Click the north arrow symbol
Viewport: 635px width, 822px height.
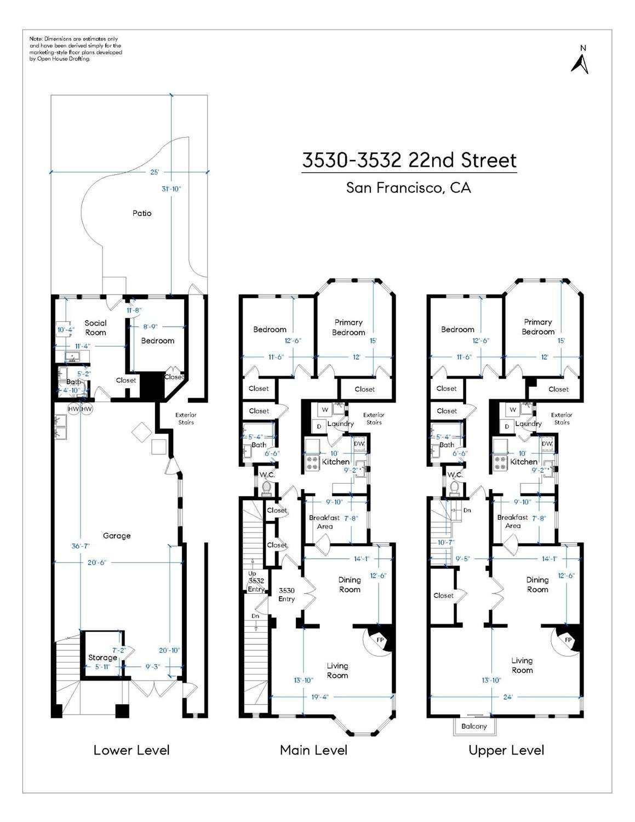coord(580,61)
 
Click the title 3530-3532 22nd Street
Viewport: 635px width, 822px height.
coord(409,161)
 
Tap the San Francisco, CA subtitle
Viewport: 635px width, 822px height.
coord(408,188)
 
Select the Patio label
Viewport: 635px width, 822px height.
coord(142,213)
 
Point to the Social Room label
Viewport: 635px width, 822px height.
coord(95,328)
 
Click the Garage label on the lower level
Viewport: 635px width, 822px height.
coord(117,536)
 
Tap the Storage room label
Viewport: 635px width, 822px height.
coord(102,657)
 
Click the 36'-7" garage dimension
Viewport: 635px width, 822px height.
coord(81,546)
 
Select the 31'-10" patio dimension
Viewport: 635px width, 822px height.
coord(171,189)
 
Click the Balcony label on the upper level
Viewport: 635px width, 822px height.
coord(474,726)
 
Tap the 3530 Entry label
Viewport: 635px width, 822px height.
coord(287,594)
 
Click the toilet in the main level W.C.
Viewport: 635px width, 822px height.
coord(268,487)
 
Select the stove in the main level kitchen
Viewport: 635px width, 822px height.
coord(313,463)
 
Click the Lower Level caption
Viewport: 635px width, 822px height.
coord(131,750)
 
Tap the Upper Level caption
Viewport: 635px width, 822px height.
coord(506,750)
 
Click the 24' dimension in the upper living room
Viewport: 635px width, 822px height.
coord(508,697)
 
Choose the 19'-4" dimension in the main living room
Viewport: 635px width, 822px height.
coord(319,697)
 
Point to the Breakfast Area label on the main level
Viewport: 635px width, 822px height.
coord(324,522)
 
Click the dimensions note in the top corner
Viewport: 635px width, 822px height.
coord(76,49)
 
